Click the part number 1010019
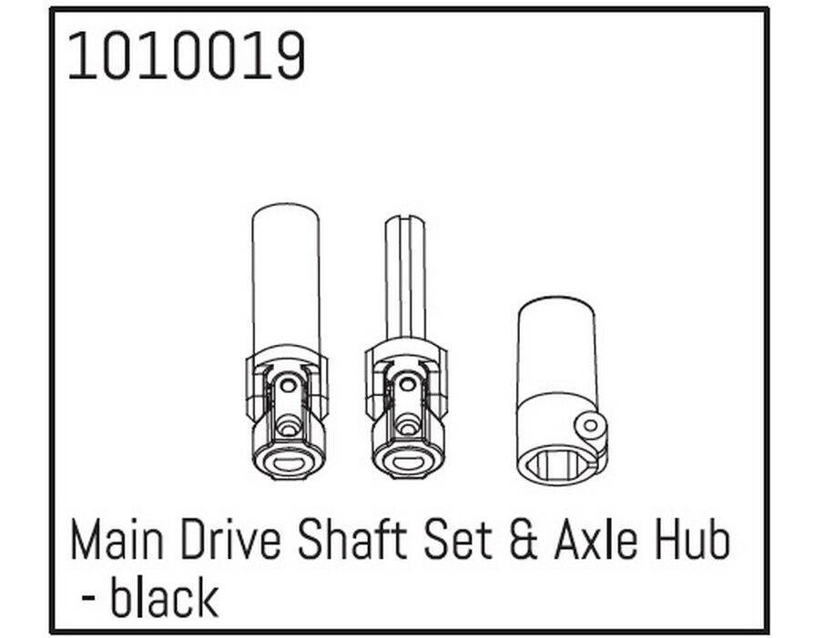187,56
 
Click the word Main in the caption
117,541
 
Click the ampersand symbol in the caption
523,541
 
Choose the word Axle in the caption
596,541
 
